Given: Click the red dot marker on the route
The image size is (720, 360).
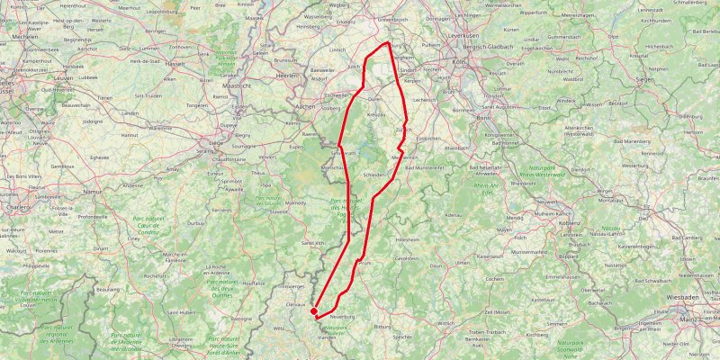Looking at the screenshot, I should point(313,311).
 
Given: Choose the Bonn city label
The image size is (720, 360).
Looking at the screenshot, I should point(483,118).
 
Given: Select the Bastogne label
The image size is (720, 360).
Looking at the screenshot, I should point(241,318).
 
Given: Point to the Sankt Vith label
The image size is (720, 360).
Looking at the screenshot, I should point(312,242).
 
